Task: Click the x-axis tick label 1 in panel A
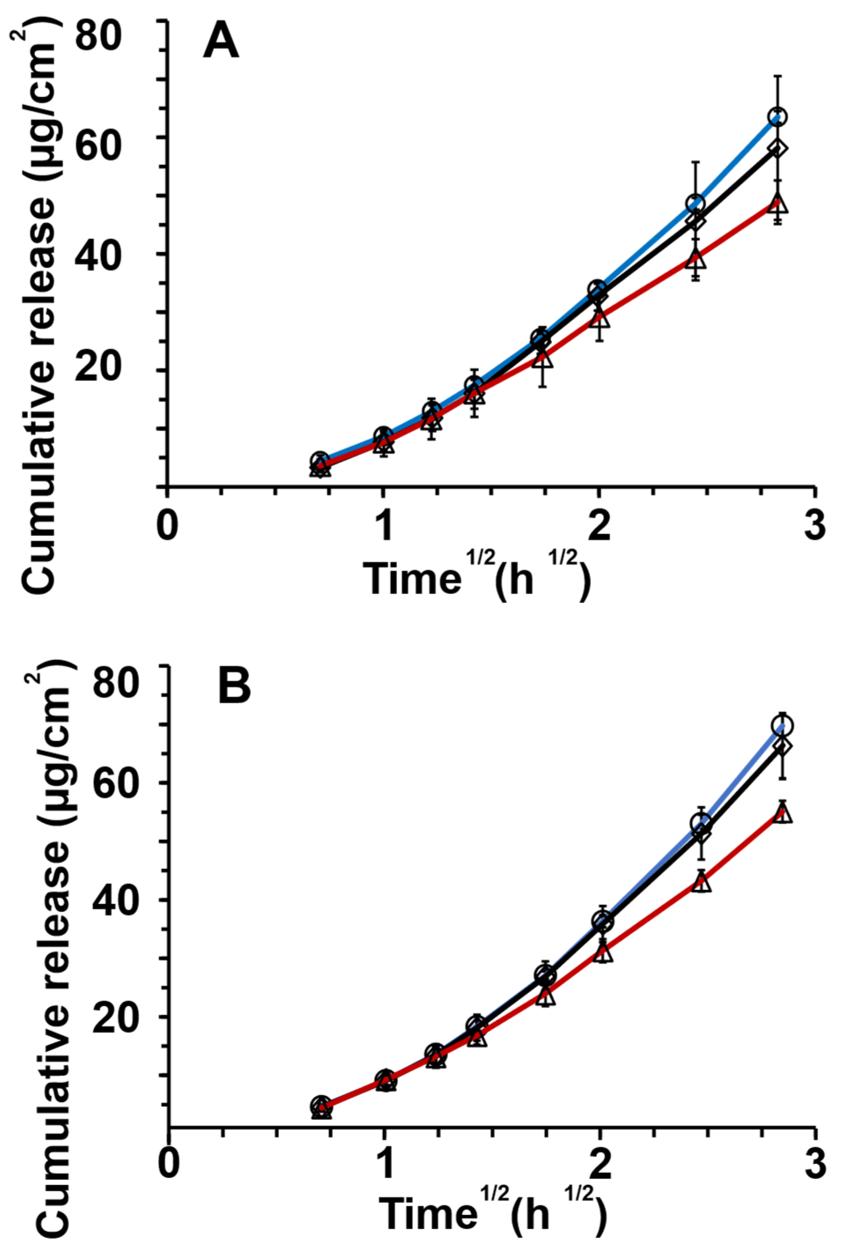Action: (384, 526)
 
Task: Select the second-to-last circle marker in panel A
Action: (695, 203)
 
